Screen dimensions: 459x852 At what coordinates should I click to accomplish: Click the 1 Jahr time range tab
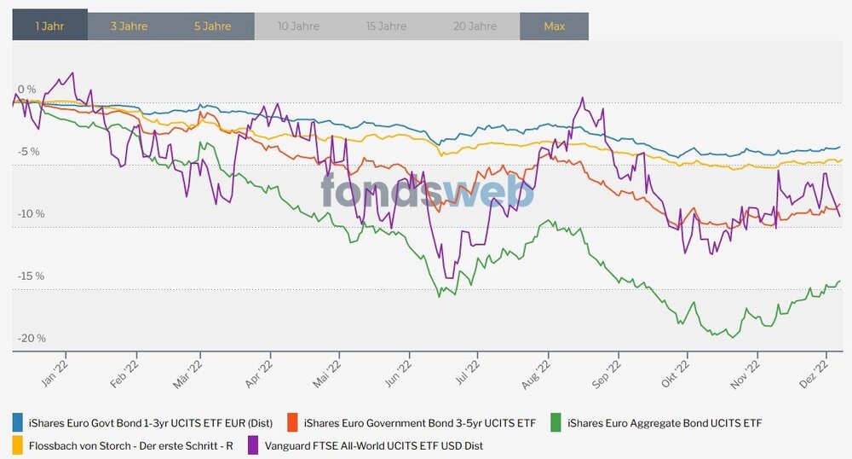[49, 26]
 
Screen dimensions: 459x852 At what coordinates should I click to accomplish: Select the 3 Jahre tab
[129, 26]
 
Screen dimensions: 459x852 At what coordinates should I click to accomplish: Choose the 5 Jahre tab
[212, 26]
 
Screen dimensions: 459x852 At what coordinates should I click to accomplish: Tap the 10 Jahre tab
[298, 26]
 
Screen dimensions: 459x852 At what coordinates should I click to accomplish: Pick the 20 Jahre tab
[475, 26]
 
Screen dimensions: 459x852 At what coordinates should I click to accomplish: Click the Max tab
[555, 26]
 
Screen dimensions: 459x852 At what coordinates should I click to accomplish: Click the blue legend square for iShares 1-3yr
[18, 422]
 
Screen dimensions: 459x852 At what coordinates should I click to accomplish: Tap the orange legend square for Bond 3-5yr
[293, 422]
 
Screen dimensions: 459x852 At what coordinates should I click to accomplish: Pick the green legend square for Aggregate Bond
[556, 422]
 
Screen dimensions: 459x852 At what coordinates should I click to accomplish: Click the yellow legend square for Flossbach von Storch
[18, 444]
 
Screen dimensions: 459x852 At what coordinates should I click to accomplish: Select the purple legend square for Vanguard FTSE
[254, 444]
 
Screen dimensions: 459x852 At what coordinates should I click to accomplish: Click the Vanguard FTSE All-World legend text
[374, 444]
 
